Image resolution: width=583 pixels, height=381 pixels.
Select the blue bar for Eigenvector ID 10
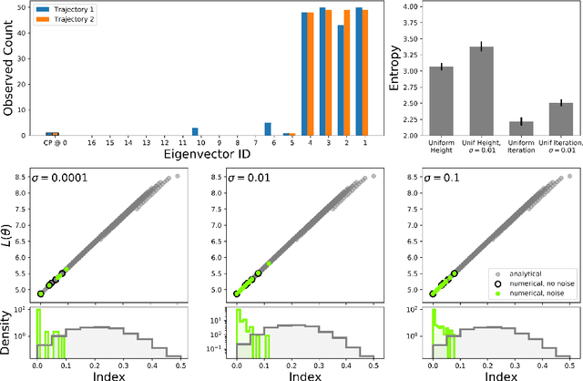click(194, 131)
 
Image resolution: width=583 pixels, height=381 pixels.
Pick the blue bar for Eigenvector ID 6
click(267, 129)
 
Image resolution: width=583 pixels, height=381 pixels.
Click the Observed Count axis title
click(8, 71)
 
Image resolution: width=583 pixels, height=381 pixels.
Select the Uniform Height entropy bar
click(441, 101)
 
